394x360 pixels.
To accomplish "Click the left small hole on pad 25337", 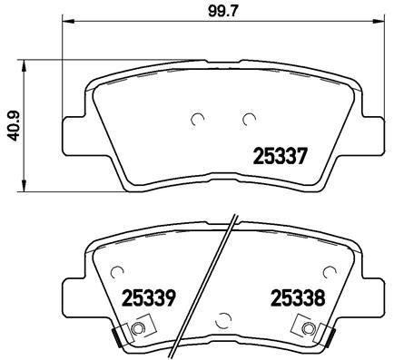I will (x=200, y=118).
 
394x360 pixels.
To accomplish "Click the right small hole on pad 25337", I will (x=248, y=118).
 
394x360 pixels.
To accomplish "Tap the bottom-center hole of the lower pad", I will (x=222, y=319).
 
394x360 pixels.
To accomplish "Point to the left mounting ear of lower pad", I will (x=74, y=293).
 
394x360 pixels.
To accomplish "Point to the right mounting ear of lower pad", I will (x=370, y=293).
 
